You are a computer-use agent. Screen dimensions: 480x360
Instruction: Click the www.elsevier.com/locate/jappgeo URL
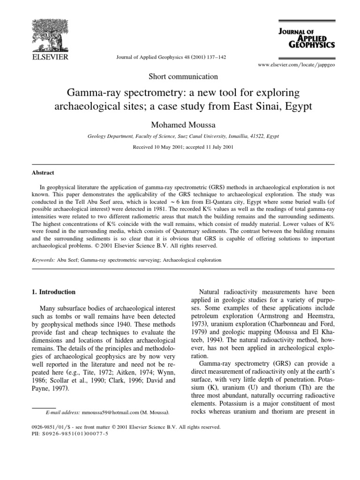296,65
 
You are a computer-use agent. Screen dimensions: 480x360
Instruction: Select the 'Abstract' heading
43,173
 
